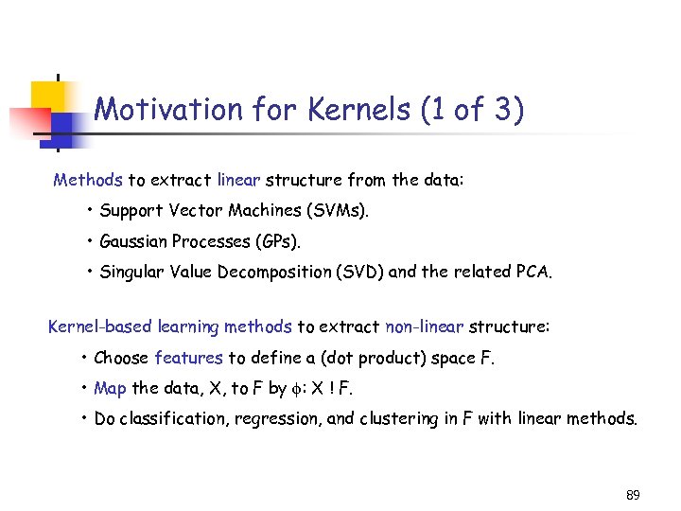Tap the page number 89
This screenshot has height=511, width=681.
[x=633, y=495]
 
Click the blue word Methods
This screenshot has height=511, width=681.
[x=88, y=180]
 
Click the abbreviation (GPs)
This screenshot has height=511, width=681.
[x=276, y=241]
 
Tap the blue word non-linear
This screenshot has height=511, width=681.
[x=425, y=327]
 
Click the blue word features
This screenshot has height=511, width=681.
[x=188, y=358]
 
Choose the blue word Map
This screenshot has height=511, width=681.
[x=111, y=388]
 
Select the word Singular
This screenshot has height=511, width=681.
[x=131, y=273]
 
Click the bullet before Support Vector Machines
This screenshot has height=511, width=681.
[x=89, y=210]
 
